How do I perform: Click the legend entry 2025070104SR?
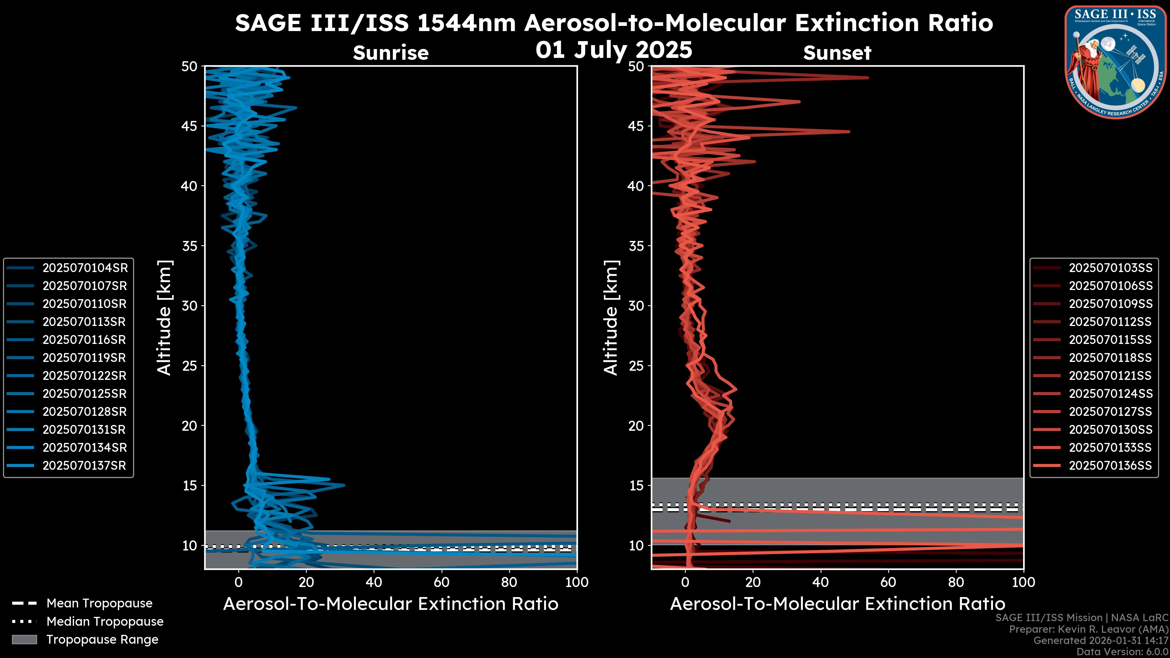85,268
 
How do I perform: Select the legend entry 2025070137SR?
84,465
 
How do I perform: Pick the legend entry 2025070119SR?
84,358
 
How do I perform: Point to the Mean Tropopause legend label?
99,603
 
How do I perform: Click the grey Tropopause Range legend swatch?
24,639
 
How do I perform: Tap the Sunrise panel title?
391,53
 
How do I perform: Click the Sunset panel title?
837,53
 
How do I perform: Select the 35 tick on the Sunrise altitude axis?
190,246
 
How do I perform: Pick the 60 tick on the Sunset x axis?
888,582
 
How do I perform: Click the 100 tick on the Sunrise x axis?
577,582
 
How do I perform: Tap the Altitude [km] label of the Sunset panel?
611,318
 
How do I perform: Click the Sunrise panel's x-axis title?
391,604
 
